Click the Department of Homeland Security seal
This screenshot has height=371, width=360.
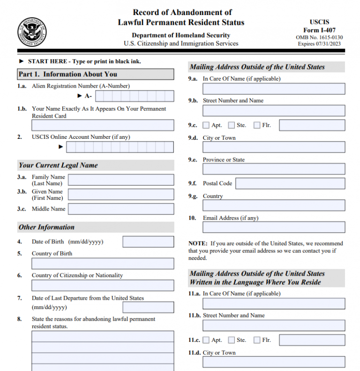(x=32, y=31)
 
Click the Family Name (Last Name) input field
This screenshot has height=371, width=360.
(x=121, y=180)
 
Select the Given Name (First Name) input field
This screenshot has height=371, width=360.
(x=121, y=194)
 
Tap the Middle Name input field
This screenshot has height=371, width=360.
(x=121, y=209)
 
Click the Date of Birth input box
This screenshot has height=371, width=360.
(x=148, y=242)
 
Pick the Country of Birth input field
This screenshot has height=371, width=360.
(x=103, y=264)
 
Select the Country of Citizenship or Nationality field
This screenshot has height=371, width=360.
(x=103, y=286)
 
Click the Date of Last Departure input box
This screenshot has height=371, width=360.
(x=148, y=307)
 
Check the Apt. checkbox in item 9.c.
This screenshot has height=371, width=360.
(x=206, y=125)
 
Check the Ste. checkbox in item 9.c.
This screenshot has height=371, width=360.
(x=232, y=125)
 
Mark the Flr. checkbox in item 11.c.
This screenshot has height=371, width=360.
(x=257, y=340)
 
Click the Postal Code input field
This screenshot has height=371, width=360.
(x=290, y=183)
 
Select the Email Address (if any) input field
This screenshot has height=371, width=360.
(x=274, y=227)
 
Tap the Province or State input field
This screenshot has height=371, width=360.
(x=274, y=169)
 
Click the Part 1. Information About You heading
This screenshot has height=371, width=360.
(x=68, y=74)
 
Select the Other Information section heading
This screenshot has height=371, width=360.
(x=46, y=227)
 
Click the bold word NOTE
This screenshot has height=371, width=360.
(x=197, y=243)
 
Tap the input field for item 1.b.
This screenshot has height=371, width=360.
(x=103, y=125)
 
